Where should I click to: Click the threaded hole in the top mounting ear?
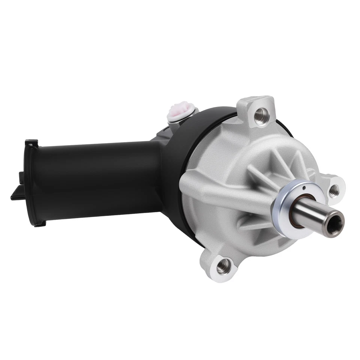tap(259, 115)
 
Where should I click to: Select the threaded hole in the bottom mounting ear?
tap(224, 265)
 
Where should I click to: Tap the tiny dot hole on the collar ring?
tap(305, 188)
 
